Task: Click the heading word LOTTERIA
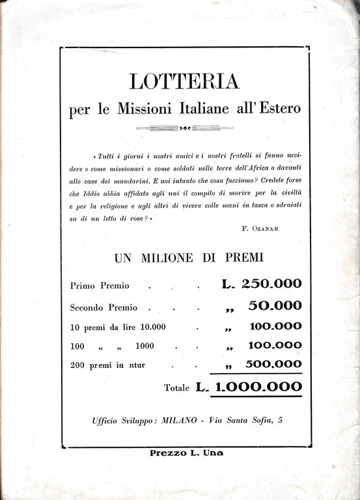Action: click(x=185, y=81)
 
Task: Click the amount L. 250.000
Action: click(x=258, y=284)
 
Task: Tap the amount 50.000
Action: click(x=275, y=305)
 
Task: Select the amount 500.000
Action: click(x=272, y=364)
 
